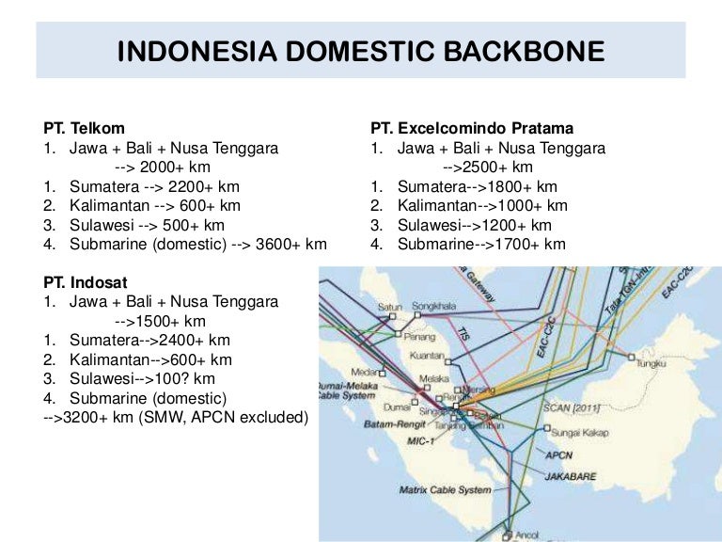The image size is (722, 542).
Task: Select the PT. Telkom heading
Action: tap(84, 128)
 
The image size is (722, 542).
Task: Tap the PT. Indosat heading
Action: tap(86, 281)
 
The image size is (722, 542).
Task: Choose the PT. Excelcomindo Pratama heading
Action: tap(472, 128)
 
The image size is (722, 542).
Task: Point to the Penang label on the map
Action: tap(395, 335)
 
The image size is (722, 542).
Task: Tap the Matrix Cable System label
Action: tap(446, 489)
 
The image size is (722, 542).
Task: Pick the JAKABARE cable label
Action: tap(570, 476)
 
